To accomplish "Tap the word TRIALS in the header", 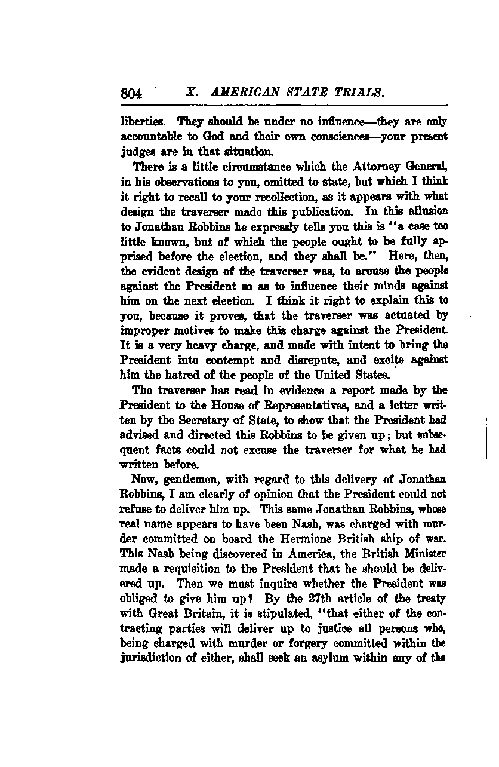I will coord(356,92).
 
